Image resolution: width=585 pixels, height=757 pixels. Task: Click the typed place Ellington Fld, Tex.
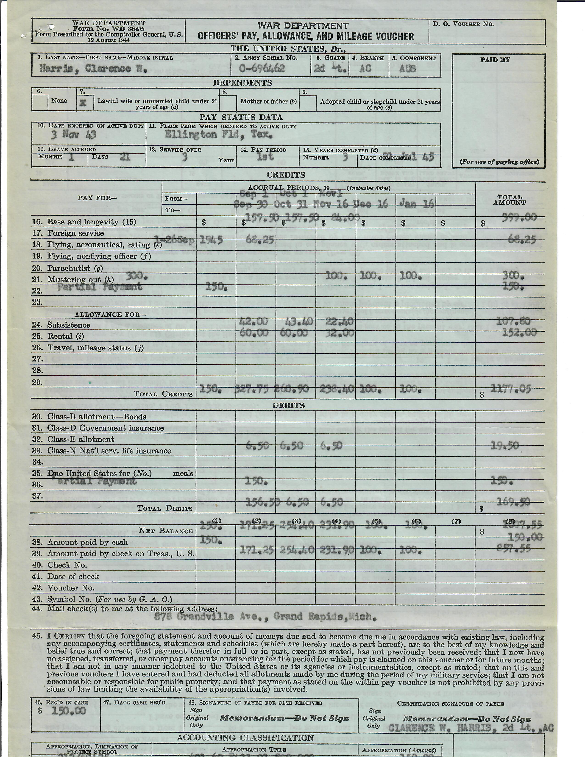[218, 134]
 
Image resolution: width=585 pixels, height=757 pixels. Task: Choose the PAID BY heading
[495, 60]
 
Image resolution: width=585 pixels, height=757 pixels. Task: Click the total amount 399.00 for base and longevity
[519, 217]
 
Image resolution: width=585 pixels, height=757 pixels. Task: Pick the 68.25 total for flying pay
[523, 239]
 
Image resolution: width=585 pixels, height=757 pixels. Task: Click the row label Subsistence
[68, 325]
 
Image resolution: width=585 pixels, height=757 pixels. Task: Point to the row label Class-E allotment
[80, 439]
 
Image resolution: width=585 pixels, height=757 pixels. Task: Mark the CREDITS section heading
[286, 175]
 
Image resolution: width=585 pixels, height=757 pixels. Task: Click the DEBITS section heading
[288, 405]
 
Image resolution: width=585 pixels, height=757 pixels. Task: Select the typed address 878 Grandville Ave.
[265, 616]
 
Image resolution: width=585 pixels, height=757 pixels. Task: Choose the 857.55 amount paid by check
[518, 548]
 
